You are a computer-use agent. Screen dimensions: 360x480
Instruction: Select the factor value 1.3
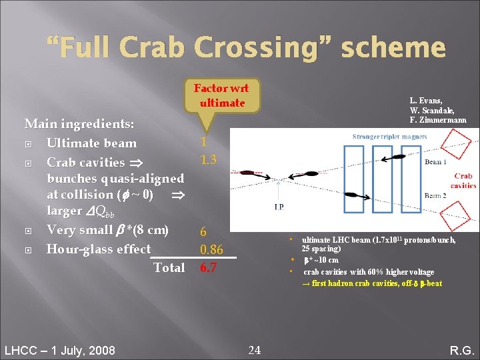point(204,161)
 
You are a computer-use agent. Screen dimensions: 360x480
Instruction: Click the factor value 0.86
point(211,249)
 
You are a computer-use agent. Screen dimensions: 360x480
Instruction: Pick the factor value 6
point(203,232)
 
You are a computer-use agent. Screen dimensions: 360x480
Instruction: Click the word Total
point(169,267)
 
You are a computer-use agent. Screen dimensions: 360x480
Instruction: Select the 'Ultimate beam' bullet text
point(91,143)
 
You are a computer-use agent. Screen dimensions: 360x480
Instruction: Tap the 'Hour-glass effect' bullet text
point(98,249)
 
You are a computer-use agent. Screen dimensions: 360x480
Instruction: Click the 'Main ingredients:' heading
point(79,124)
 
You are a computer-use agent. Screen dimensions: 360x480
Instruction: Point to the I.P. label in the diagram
point(279,207)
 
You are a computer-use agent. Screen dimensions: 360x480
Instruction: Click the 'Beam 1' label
point(435,163)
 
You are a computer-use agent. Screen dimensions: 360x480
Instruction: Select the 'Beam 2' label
point(435,195)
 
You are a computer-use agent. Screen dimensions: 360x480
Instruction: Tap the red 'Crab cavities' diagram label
point(463,181)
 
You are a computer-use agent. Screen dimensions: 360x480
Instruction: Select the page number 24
point(255,349)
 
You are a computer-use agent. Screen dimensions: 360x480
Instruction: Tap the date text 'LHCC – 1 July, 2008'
point(59,351)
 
